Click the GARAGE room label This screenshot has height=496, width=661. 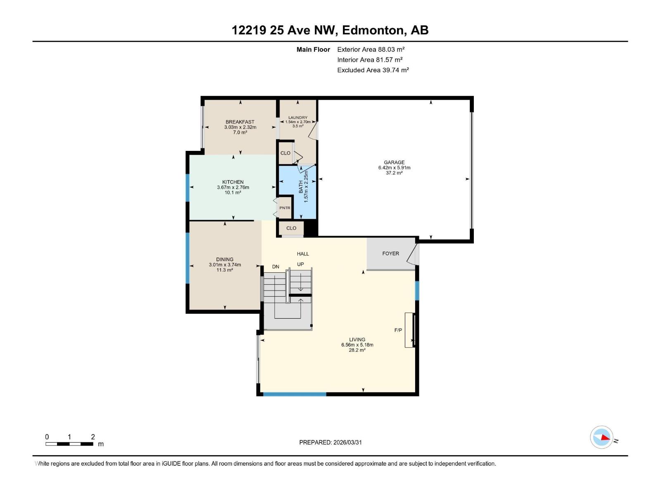pos(394,162)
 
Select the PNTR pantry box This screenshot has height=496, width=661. pos(285,208)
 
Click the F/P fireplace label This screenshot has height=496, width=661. pos(398,330)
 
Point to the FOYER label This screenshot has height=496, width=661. pos(390,253)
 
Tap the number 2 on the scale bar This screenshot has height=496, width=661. pos(93,437)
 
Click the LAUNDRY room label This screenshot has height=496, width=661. pos(297,118)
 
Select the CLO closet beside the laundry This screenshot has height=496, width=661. pos(285,153)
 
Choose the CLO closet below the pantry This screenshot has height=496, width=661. pos(291,228)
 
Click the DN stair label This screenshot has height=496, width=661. pos(276,267)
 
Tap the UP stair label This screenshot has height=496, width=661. pos(300,264)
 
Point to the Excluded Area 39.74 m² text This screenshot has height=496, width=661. pos(373,70)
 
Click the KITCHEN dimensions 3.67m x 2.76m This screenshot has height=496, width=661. pos(233,187)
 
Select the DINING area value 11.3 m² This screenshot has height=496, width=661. pos(225,270)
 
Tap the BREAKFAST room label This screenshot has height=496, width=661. pos(240,122)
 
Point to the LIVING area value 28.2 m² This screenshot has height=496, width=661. pos(357,350)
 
